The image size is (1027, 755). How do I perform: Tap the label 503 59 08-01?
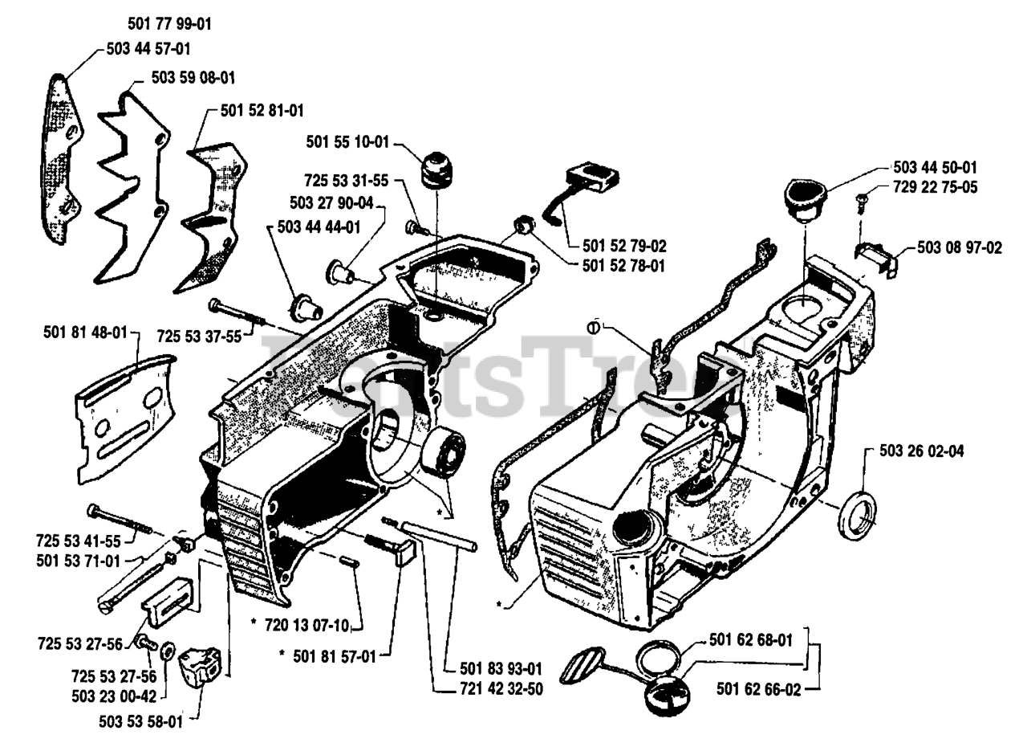(193, 78)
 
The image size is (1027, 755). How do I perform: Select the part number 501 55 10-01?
(347, 142)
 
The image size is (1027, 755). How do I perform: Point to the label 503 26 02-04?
(921, 451)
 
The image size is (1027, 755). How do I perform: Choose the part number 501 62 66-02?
(758, 689)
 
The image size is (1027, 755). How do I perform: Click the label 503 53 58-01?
(140, 721)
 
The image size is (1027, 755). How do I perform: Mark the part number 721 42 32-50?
(501, 689)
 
